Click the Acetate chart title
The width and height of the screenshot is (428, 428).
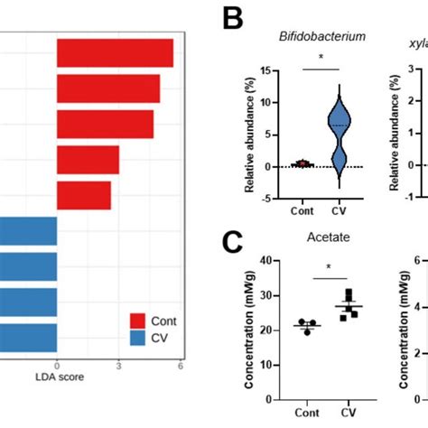coord(321,238)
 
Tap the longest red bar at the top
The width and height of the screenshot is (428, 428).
coord(115,53)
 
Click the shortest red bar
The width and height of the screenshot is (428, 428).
coord(84,195)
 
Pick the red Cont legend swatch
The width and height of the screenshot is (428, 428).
coord(138,321)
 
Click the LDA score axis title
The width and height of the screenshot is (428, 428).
coord(59,377)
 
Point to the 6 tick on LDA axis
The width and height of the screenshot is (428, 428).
coord(181,365)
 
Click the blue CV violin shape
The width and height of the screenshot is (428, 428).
coord(339,126)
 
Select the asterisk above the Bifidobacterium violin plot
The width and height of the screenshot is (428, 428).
coord(321,56)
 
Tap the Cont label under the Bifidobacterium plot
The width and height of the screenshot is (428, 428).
coord(304,213)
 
